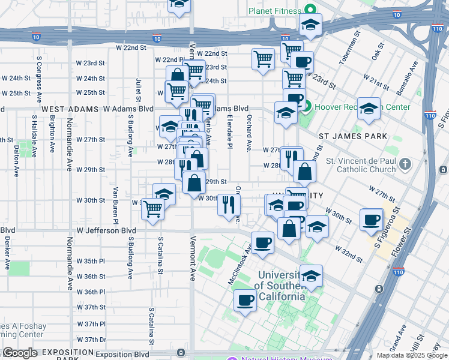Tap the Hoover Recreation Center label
(x=363, y=107)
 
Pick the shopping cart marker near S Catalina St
(x=153, y=209)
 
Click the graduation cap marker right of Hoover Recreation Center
(x=369, y=109)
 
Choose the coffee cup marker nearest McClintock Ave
(x=262, y=243)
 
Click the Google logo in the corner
(x=20, y=353)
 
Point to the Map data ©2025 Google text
(x=412, y=355)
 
